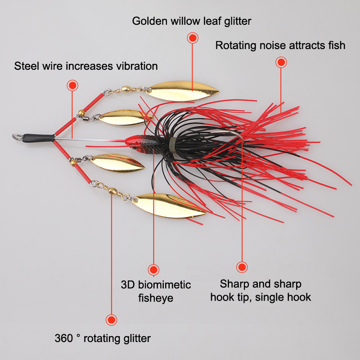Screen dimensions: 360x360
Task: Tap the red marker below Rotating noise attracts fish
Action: pos(281,62)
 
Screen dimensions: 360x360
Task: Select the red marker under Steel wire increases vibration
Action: pos(72,85)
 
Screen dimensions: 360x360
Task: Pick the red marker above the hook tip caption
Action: pos(242,267)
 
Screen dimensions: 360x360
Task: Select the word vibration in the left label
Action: pos(135,66)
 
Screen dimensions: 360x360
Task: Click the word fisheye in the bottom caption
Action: pos(156,298)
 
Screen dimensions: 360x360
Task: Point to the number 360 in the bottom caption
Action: pos(63,338)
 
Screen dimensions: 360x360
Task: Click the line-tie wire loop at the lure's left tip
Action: pos(17,136)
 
